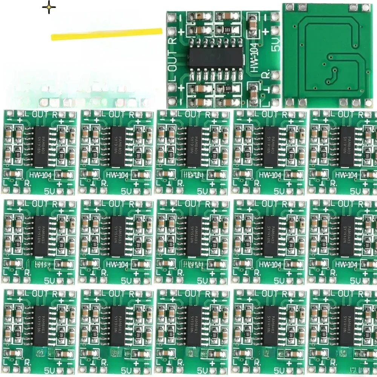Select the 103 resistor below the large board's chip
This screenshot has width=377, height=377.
pos(227,89)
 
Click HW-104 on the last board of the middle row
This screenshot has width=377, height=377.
pos(346,265)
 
